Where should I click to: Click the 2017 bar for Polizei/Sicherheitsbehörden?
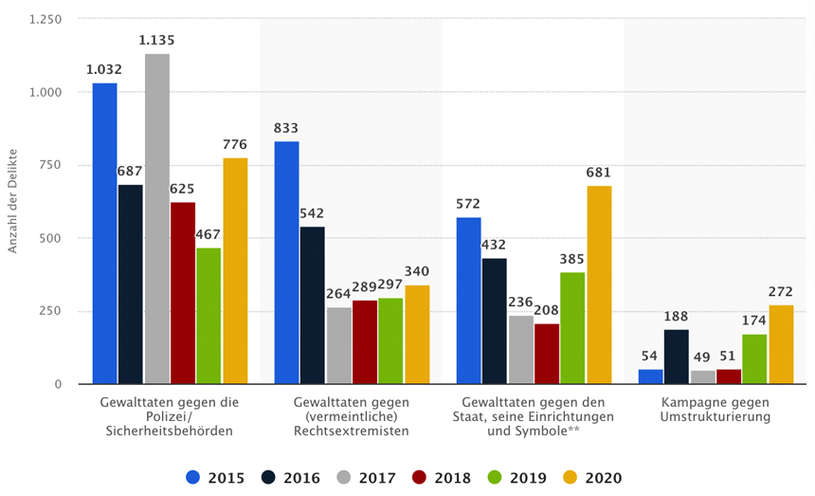[x=157, y=219]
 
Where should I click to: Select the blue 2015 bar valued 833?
[x=286, y=263]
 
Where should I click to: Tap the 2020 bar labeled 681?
[x=599, y=285]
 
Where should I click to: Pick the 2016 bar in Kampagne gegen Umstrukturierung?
[x=677, y=357]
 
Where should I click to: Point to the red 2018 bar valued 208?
[x=547, y=354]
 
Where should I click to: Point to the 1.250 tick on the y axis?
[x=45, y=19]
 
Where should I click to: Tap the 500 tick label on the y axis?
[x=50, y=238]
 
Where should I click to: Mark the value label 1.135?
[x=156, y=41]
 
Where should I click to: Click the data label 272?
[x=781, y=292]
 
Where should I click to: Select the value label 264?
[x=338, y=294]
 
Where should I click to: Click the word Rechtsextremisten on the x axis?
[x=351, y=431]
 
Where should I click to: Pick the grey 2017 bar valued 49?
[x=702, y=377]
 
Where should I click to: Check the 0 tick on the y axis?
[x=58, y=384]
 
